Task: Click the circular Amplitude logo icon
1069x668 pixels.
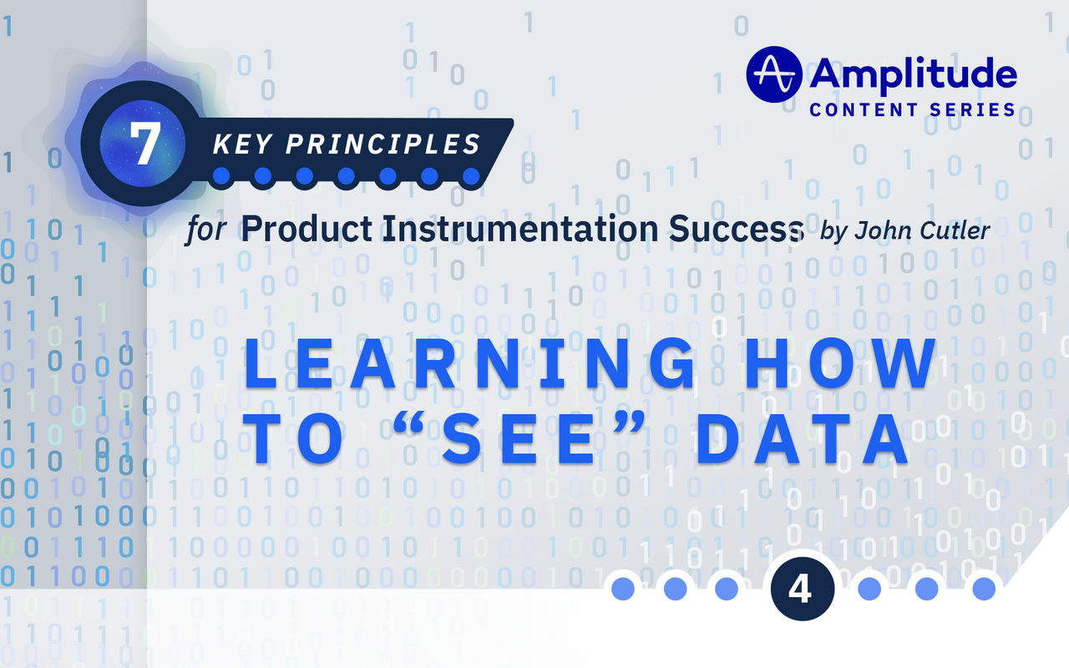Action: (x=773, y=74)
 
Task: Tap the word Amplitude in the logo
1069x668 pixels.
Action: (x=913, y=75)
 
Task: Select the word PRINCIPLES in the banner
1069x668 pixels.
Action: (x=383, y=144)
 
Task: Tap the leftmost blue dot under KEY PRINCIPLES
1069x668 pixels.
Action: (x=221, y=176)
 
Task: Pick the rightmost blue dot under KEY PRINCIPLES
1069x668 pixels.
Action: (x=471, y=176)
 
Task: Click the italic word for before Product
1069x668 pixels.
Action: (x=206, y=230)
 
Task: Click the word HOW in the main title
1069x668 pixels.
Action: (x=844, y=364)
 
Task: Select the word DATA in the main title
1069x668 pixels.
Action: (x=803, y=441)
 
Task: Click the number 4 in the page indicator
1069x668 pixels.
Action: (x=799, y=590)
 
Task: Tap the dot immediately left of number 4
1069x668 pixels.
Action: (x=726, y=589)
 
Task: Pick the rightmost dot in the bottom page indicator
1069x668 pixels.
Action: (x=983, y=589)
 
